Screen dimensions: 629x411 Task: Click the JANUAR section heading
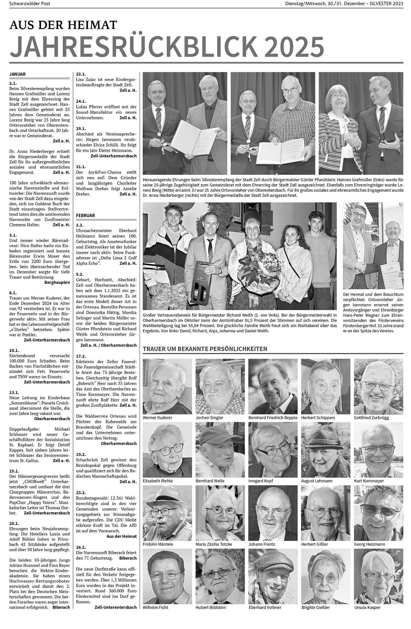(x=18, y=74)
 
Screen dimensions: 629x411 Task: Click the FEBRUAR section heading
(x=85, y=216)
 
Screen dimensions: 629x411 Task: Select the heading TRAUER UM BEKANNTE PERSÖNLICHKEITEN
(x=205, y=349)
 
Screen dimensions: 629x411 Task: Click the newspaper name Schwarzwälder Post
(x=30, y=4)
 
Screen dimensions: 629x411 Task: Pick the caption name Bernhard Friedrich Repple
(x=273, y=418)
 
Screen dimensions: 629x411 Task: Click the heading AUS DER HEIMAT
(x=63, y=25)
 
